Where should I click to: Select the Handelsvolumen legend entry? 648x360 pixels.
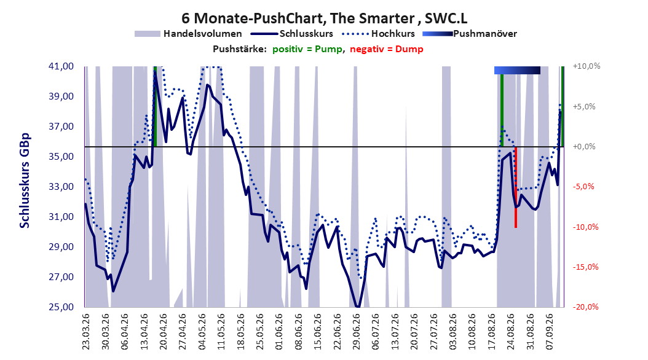(x=188, y=34)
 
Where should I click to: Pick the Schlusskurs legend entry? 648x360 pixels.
(x=292, y=34)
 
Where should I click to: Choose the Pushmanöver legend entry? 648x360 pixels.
(x=470, y=34)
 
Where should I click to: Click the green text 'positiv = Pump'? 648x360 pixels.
(x=307, y=49)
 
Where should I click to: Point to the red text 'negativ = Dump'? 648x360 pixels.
(x=387, y=49)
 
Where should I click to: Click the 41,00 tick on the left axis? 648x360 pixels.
(x=61, y=66)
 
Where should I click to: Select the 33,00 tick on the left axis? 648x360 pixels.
(x=61, y=187)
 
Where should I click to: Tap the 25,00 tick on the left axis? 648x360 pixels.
(x=61, y=307)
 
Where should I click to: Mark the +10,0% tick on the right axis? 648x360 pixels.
(x=587, y=66)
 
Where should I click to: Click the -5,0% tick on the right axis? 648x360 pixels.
(x=584, y=187)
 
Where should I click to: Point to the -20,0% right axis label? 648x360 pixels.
(x=585, y=307)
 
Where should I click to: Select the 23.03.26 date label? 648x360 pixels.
(x=85, y=332)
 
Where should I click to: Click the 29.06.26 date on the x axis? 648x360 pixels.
(x=357, y=332)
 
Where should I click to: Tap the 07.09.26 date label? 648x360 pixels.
(x=550, y=332)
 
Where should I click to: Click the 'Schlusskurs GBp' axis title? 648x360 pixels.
(x=25, y=181)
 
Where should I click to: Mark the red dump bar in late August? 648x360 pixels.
(x=516, y=187)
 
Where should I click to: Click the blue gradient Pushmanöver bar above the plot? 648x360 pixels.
(x=518, y=70)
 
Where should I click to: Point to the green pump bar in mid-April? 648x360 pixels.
(x=155, y=106)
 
